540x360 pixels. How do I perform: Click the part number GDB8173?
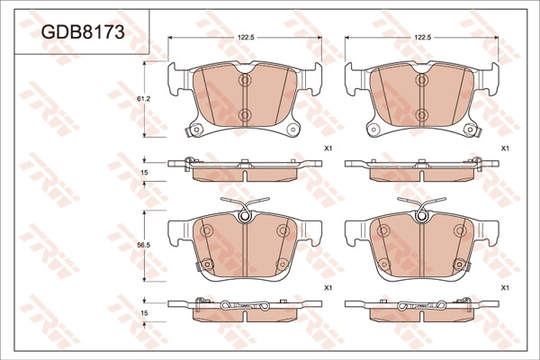tap(83, 32)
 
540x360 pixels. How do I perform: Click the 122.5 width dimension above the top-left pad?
tap(246, 38)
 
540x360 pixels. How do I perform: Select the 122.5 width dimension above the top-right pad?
tap(423, 38)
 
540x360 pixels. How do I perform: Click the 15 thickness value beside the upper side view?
tap(144, 172)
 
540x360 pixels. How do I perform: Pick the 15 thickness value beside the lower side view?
tap(144, 313)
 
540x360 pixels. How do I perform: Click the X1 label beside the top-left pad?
tap(328, 148)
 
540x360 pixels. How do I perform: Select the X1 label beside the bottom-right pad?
tap(505, 288)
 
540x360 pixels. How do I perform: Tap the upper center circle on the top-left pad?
tap(245, 80)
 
